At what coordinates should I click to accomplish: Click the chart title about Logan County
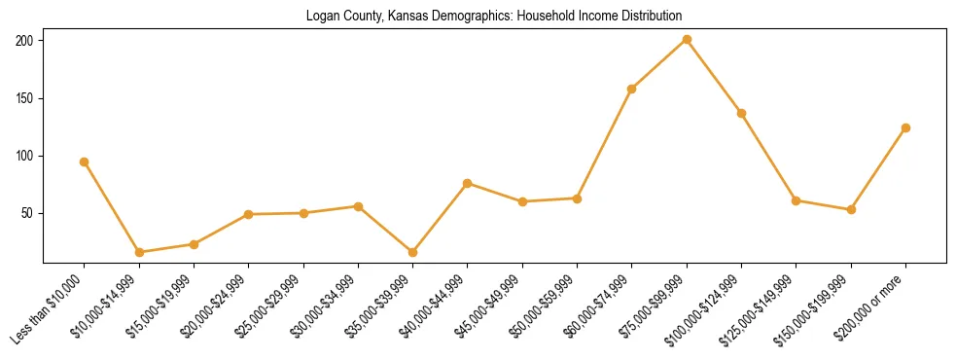pyautogui.click(x=494, y=17)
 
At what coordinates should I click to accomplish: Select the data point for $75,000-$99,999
pyautogui.click(x=687, y=39)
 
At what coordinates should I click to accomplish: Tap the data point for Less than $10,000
pyautogui.click(x=85, y=162)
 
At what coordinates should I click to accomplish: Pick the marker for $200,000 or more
pyautogui.click(x=905, y=127)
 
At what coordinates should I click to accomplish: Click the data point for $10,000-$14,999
pyautogui.click(x=139, y=252)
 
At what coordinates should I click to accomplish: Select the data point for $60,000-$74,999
pyautogui.click(x=632, y=89)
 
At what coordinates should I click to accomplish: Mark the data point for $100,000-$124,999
pyautogui.click(x=741, y=113)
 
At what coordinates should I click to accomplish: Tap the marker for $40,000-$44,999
pyautogui.click(x=468, y=183)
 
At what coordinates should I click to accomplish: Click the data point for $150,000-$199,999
pyautogui.click(x=851, y=209)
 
